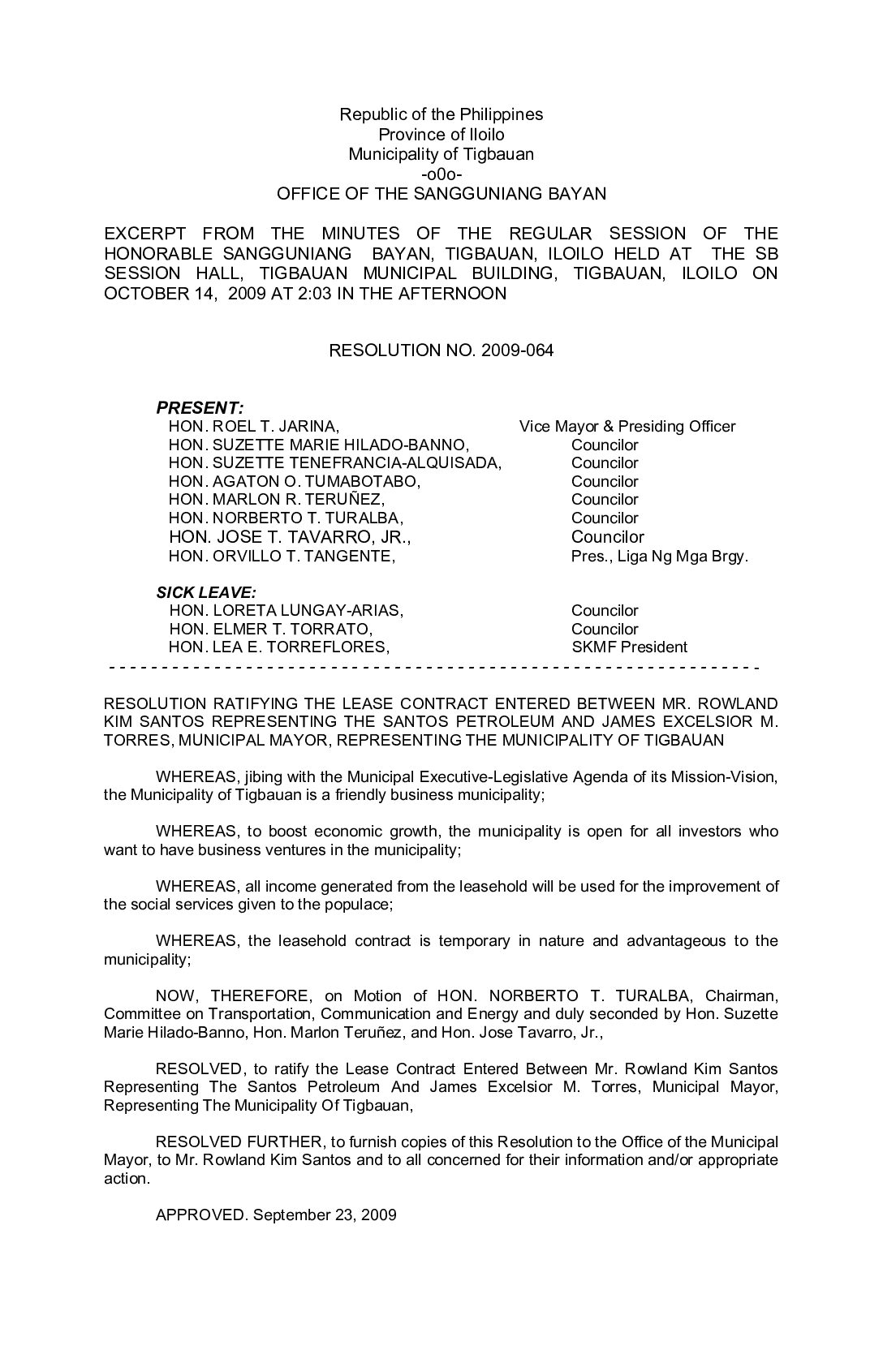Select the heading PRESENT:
200,407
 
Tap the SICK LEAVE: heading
206,592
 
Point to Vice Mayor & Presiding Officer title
627,427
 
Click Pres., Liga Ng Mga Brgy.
659,557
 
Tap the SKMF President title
629,647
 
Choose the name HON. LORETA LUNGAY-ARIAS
286,611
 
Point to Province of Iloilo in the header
441,135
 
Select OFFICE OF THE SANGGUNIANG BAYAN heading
441,194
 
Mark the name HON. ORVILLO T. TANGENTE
282,557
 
